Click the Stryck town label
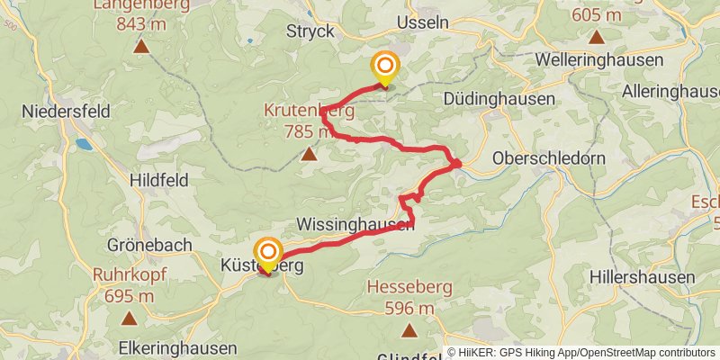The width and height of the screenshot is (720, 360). [310, 31]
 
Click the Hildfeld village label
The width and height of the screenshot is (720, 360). [158, 180]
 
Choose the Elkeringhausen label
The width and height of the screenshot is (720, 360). [177, 347]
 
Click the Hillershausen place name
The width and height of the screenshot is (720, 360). [643, 276]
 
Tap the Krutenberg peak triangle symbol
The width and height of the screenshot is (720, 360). [309, 154]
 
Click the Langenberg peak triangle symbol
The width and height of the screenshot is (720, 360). [140, 45]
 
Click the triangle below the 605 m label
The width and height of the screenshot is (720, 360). [596, 38]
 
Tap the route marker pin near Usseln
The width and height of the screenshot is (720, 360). [385, 67]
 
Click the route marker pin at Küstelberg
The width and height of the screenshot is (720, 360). [268, 253]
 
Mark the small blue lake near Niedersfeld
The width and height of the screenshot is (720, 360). [84, 143]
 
